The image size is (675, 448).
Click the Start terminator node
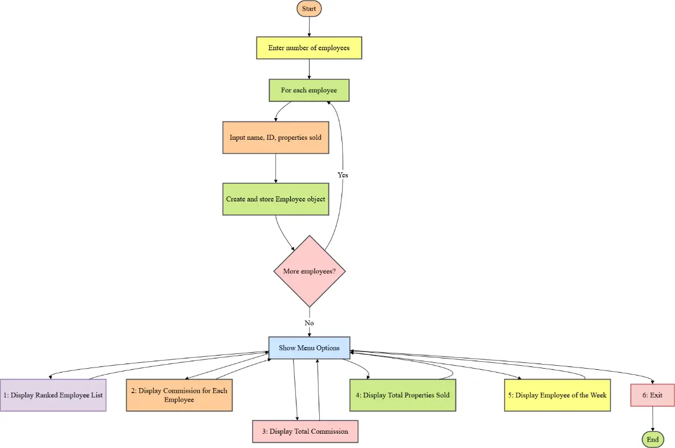tap(309, 9)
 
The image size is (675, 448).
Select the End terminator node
tap(653, 439)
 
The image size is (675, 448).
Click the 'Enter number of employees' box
tap(309, 49)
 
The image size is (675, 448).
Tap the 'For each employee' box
tap(309, 90)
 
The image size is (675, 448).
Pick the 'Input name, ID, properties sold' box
tap(275, 138)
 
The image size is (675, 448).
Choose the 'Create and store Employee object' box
tap(275, 199)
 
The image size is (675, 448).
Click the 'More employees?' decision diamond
tap(310, 271)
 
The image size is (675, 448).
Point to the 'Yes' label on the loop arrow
tap(343, 175)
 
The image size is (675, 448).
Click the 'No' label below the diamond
tap(309, 323)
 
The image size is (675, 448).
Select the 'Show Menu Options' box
tap(309, 348)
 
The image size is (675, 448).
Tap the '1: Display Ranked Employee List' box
tap(53, 395)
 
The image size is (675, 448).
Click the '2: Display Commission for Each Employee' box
tap(179, 395)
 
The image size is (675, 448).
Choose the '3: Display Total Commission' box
tap(305, 431)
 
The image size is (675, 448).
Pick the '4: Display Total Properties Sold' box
tap(402, 395)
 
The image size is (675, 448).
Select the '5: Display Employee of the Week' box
tap(557, 395)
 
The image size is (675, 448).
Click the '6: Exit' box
tap(653, 395)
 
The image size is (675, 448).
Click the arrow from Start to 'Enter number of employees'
tap(309, 27)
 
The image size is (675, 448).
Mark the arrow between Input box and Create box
tap(275, 168)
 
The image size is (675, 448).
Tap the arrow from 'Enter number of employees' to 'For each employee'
tap(309, 68)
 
